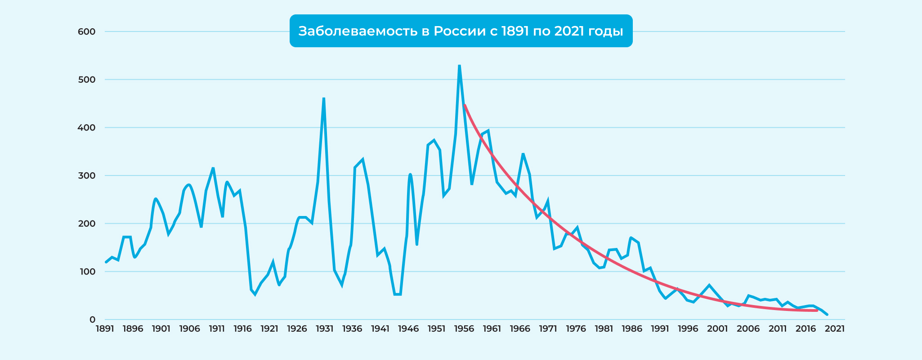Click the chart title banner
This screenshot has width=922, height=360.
coord(461,31)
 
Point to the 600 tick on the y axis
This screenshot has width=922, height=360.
coord(86,31)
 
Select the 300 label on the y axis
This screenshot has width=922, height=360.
coord(86,175)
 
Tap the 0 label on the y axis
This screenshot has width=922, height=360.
coord(92,319)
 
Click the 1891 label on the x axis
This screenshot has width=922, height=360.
coord(105,329)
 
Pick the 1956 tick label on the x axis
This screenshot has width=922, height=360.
coord(464,329)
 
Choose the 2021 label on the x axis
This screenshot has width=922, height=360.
coord(835,329)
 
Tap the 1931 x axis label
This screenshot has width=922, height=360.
coord(324,329)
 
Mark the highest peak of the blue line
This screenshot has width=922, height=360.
coord(459,66)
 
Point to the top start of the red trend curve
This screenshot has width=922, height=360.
coord(465,105)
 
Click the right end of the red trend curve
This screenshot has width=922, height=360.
coord(817,310)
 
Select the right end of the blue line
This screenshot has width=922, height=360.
coord(827,315)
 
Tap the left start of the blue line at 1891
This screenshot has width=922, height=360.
coord(106,262)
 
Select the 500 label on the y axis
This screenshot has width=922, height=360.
coord(86,80)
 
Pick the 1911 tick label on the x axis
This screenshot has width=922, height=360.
coord(216,329)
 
